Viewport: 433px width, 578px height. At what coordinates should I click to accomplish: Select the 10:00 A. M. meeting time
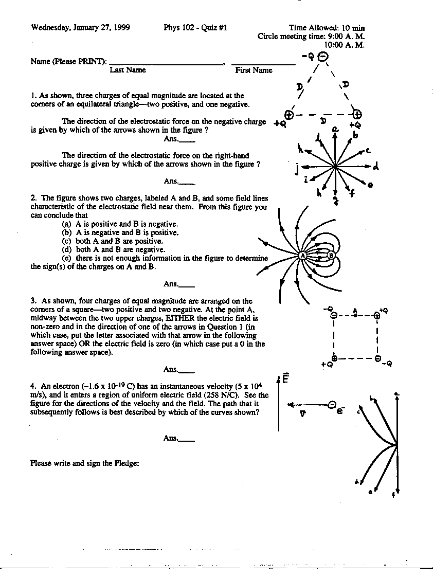click(x=347, y=45)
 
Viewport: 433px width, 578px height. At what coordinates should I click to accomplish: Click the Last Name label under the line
click(x=128, y=70)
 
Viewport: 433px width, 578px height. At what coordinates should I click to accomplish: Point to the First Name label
click(x=254, y=70)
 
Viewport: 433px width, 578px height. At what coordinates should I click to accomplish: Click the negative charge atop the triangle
click(x=322, y=58)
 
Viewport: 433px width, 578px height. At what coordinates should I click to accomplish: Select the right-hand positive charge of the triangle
click(x=356, y=114)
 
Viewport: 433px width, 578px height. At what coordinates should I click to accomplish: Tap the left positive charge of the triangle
click(x=289, y=115)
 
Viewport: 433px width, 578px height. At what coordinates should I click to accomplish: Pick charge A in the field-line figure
click(x=302, y=255)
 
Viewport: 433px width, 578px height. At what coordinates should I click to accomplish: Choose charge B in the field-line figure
click(x=331, y=255)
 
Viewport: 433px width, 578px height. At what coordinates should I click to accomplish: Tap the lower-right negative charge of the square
click(x=377, y=358)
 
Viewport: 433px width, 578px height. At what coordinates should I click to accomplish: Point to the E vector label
click(x=285, y=379)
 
